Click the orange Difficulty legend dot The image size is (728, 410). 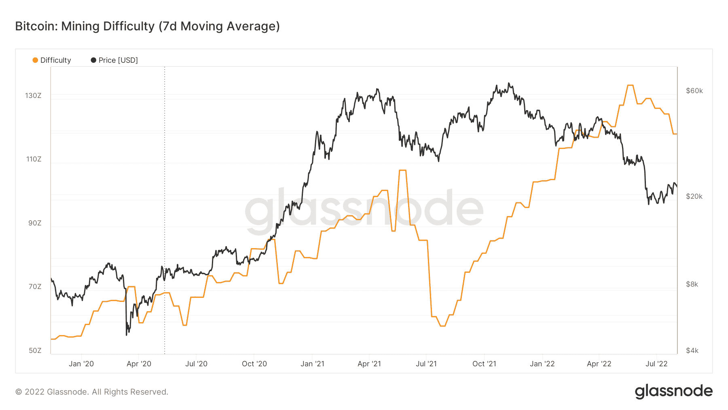tap(35, 60)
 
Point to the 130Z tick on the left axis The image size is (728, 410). tap(33, 96)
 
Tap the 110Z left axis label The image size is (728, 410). tap(34, 159)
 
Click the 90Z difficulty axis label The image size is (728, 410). tap(35, 223)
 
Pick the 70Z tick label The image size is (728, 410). tap(35, 287)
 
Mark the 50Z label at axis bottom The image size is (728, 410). tap(35, 351)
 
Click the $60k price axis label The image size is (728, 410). tap(694, 91)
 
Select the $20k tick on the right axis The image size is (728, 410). tap(694, 196)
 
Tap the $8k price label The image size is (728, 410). tap(692, 284)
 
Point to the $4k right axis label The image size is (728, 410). tap(692, 351)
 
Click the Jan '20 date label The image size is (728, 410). tap(81, 364)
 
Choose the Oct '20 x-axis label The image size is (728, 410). tap(254, 364)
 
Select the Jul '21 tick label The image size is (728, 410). tap(426, 364)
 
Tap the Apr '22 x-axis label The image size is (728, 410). tap(599, 364)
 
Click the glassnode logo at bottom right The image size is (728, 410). tap(673, 391)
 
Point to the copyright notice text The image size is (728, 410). tap(92, 392)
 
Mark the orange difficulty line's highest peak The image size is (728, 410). tap(630, 85)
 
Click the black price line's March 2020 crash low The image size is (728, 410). tap(127, 335)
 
